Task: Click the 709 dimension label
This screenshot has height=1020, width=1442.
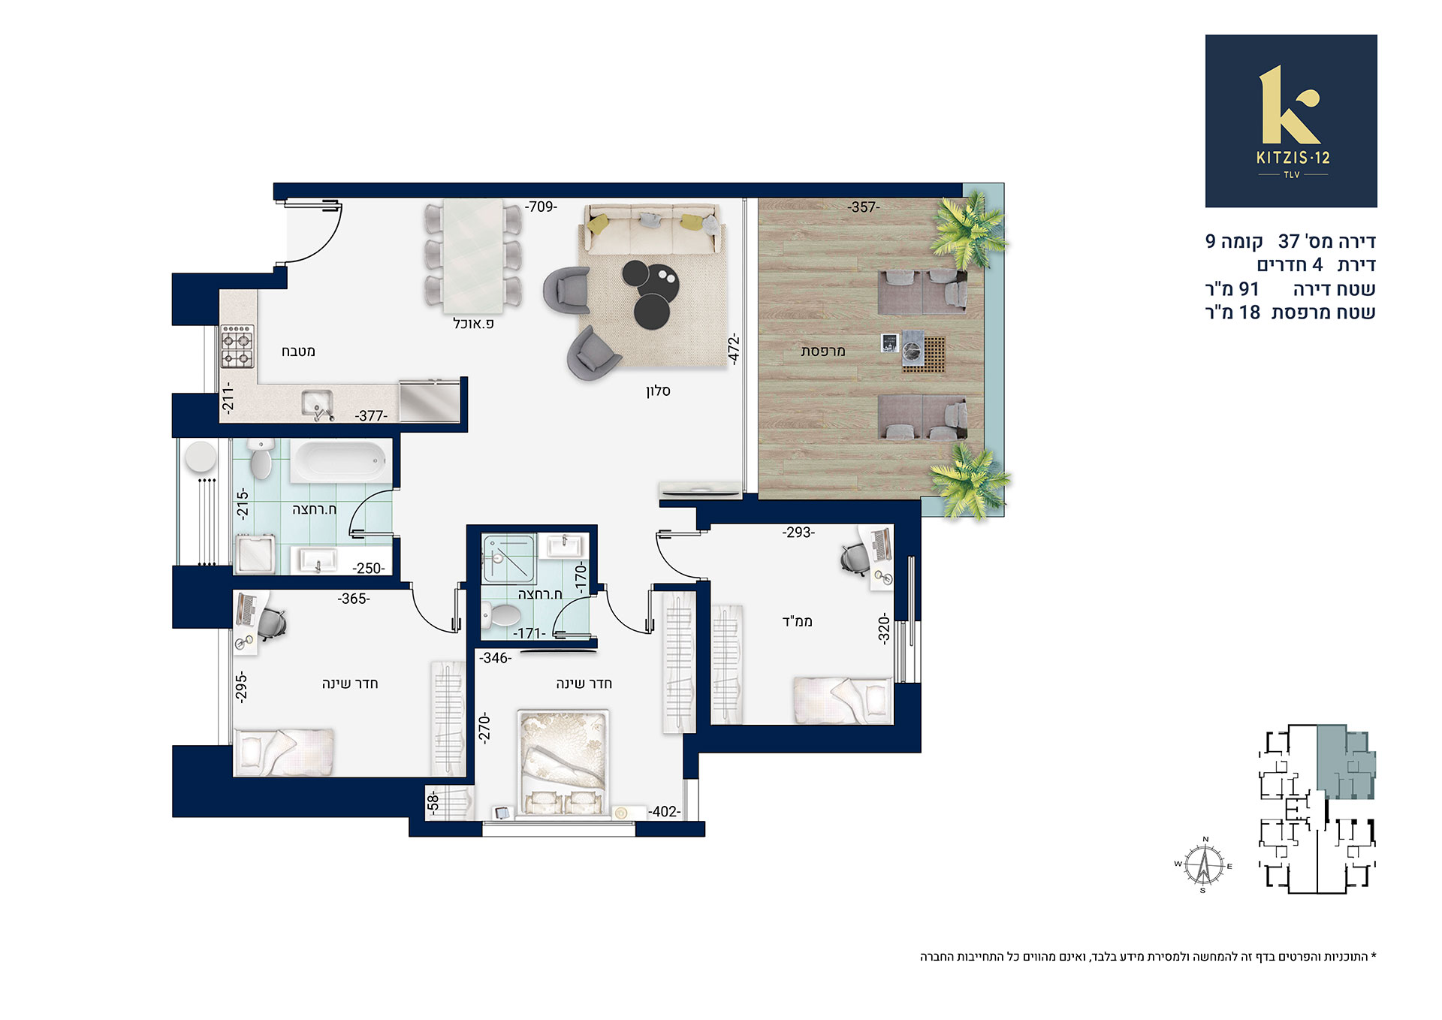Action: tap(542, 207)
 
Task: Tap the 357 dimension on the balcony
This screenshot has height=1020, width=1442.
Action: tap(864, 207)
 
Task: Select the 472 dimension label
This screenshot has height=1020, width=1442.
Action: tap(734, 350)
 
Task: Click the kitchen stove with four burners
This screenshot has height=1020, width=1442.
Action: tap(237, 346)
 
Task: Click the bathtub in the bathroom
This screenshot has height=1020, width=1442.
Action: tap(339, 460)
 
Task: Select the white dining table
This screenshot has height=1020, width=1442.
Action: tap(473, 256)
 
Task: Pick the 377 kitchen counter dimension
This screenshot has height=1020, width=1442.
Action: tap(371, 415)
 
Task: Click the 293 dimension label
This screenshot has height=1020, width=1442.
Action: tap(798, 532)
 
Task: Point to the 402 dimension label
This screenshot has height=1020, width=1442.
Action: tap(665, 811)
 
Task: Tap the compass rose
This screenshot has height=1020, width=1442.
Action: tap(1204, 865)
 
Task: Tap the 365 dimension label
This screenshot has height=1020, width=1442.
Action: tap(353, 599)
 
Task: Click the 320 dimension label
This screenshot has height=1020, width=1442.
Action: tap(884, 628)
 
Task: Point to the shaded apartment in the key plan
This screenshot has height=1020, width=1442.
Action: tap(1344, 762)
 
